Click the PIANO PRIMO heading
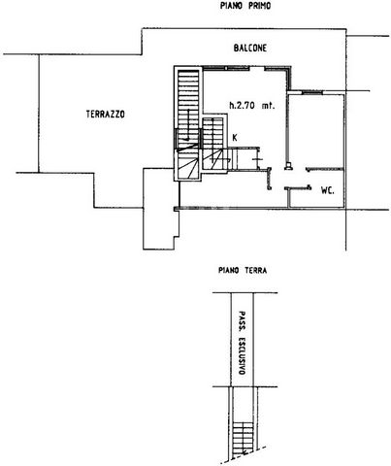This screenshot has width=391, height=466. [x=245, y=6]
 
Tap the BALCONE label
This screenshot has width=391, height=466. [x=250, y=49]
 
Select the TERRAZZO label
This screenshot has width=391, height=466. [x=106, y=115]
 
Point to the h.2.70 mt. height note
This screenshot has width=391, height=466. [x=252, y=106]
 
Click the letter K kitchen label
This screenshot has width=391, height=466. [x=235, y=138]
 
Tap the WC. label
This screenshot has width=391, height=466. [x=328, y=190]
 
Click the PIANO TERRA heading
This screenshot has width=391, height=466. [x=243, y=270]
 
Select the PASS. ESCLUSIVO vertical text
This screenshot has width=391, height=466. [x=242, y=343]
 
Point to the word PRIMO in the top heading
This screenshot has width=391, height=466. [x=258, y=6]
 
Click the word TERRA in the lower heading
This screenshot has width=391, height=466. [x=255, y=270]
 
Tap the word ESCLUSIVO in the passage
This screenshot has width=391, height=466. [x=242, y=355]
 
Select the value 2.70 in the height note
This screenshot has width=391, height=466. [x=246, y=106]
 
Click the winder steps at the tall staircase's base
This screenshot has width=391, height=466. [x=188, y=164]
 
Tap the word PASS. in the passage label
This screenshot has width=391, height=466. [x=242, y=320]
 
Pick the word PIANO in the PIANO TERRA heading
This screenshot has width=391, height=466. [x=229, y=270]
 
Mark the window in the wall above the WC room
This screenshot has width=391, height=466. [x=312, y=92]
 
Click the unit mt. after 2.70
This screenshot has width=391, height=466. [x=269, y=106]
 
